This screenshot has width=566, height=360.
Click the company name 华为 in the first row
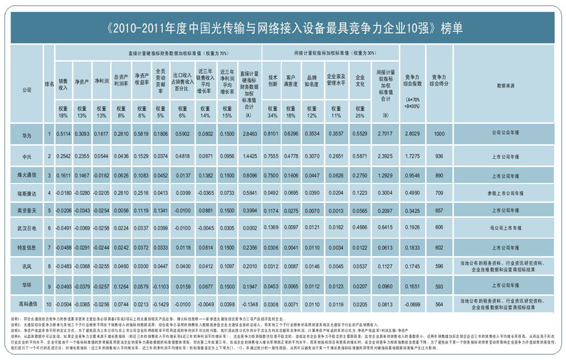click(x=27, y=134)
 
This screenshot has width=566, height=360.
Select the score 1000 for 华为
click(x=439, y=134)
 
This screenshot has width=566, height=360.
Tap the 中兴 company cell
click(x=27, y=156)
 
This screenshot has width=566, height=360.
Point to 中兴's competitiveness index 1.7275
click(x=412, y=156)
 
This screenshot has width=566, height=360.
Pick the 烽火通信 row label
click(x=27, y=175)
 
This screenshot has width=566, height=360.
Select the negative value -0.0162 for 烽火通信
click(x=101, y=175)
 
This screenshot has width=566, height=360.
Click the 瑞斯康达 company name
click(x=27, y=193)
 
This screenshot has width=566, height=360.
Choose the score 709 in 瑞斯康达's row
click(x=439, y=193)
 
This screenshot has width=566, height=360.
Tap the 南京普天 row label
click(x=27, y=211)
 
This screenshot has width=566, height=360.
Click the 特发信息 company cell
click(x=27, y=248)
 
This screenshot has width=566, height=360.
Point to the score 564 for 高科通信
click(x=439, y=303)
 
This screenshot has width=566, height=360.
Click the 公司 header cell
click(x=27, y=90)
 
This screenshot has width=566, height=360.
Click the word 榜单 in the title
click(x=450, y=27)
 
